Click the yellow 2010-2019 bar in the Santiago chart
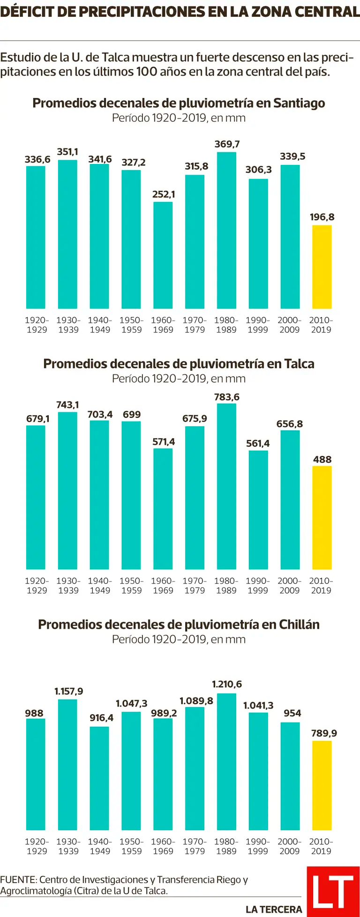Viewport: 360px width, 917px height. coord(322,267)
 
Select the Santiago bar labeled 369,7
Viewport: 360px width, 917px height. coord(226,230)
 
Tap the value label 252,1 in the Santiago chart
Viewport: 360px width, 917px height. coord(164,194)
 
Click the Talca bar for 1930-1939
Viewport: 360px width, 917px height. coord(67,490)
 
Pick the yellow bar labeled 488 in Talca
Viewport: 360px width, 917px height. coord(322,517)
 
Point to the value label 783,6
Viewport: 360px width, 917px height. coord(227,397)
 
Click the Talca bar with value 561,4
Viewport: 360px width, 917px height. coord(258,509)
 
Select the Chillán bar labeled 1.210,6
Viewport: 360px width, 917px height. coord(226,761)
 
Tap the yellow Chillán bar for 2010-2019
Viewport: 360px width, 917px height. coord(322,785)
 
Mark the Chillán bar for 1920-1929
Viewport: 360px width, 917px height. coord(36,774)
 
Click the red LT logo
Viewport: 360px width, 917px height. coord(333,891)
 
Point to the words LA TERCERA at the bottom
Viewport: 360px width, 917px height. coord(274,910)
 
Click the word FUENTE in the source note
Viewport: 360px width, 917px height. coord(18,880)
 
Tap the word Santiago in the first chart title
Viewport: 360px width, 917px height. coord(299,103)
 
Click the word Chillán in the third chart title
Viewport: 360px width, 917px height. coord(300,624)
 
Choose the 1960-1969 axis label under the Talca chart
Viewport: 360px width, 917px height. coord(163,586)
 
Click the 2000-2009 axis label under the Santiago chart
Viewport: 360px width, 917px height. coord(290,325)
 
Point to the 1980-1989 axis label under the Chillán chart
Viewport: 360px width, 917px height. coord(226,846)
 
